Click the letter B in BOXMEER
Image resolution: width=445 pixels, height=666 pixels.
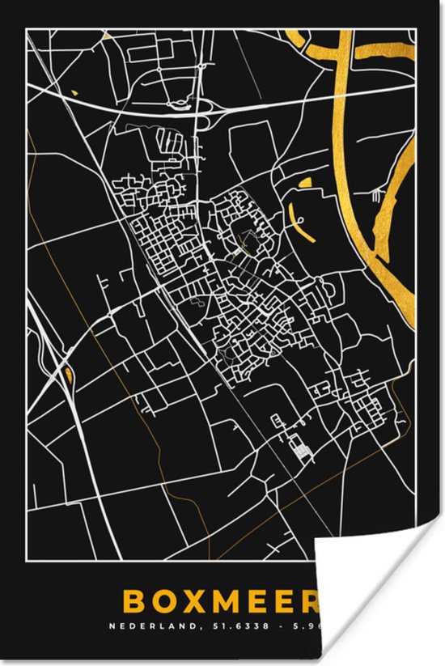coord(155,602)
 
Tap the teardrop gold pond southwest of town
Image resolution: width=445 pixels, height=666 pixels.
coord(68,373)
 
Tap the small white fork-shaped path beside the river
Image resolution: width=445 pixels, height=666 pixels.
coord(378,195)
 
